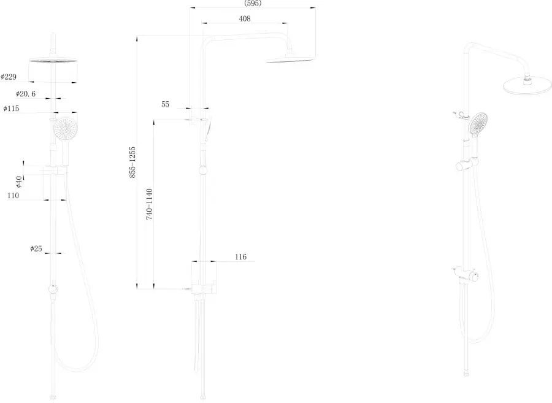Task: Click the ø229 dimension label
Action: tap(9, 77)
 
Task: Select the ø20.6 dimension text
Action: tap(26, 94)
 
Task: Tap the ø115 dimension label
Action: tap(11, 109)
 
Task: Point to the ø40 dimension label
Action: tap(18, 182)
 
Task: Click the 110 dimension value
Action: tap(13, 195)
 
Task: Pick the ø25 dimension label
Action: tap(36, 249)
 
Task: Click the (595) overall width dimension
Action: tap(253, 4)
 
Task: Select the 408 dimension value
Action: tap(245, 18)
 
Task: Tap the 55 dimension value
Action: tap(165, 104)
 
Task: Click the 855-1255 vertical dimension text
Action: tap(132, 163)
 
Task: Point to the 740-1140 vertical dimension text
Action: tap(150, 204)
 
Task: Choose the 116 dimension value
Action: tap(241, 257)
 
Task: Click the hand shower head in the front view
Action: tap(65, 128)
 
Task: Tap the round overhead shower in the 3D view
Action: tap(527, 85)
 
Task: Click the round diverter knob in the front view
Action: tap(53, 289)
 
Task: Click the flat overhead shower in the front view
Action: tap(53, 60)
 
